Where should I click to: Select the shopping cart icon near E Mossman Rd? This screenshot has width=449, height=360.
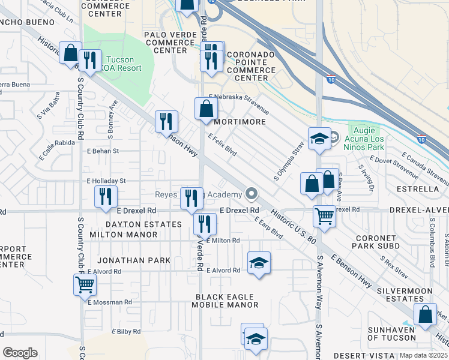click(x=85, y=284)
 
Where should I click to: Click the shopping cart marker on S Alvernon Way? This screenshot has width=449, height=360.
click(x=324, y=216)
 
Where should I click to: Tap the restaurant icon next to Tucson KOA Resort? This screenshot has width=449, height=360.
click(x=90, y=61)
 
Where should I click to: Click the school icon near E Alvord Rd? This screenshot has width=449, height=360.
click(x=259, y=263)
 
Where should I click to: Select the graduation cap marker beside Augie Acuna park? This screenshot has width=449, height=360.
click(x=319, y=139)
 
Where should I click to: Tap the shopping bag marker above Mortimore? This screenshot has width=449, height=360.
click(x=206, y=109)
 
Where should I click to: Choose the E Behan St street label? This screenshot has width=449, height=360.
click(x=104, y=151)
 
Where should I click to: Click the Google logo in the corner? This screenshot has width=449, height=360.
click(x=20, y=353)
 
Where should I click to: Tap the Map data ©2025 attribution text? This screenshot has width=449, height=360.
click(x=423, y=355)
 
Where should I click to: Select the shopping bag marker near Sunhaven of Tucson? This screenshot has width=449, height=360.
click(x=426, y=314)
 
